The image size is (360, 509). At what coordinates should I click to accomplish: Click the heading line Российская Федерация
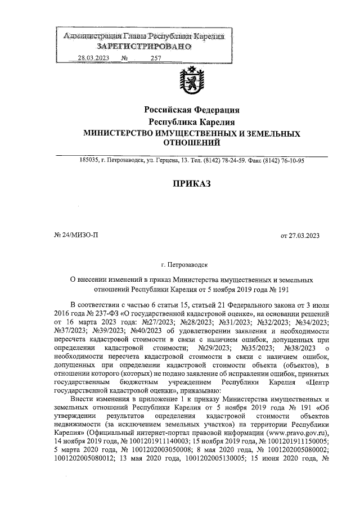coord(192,110)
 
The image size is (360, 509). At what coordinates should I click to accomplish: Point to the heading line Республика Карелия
coord(192,121)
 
